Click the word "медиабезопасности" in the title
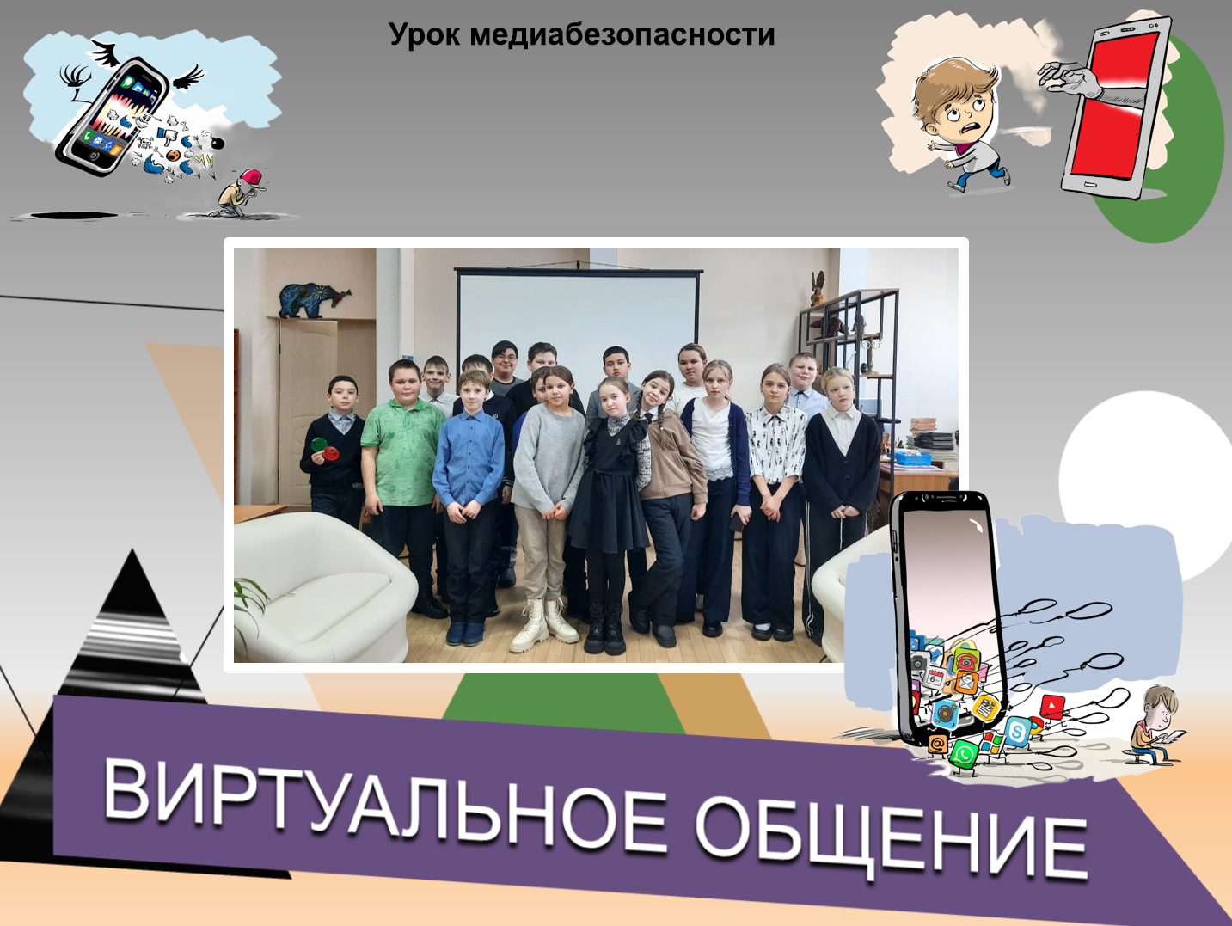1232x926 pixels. [622, 34]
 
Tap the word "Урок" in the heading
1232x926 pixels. [425, 35]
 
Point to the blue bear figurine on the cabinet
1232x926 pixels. [315, 300]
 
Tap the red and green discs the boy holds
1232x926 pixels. [325, 449]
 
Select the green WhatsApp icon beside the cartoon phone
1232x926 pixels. [964, 753]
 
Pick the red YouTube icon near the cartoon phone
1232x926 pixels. [1051, 705]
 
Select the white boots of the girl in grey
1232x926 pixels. [543, 624]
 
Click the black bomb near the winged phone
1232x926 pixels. [216, 143]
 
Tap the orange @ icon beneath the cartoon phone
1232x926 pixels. [936, 745]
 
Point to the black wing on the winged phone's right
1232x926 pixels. [188, 77]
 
